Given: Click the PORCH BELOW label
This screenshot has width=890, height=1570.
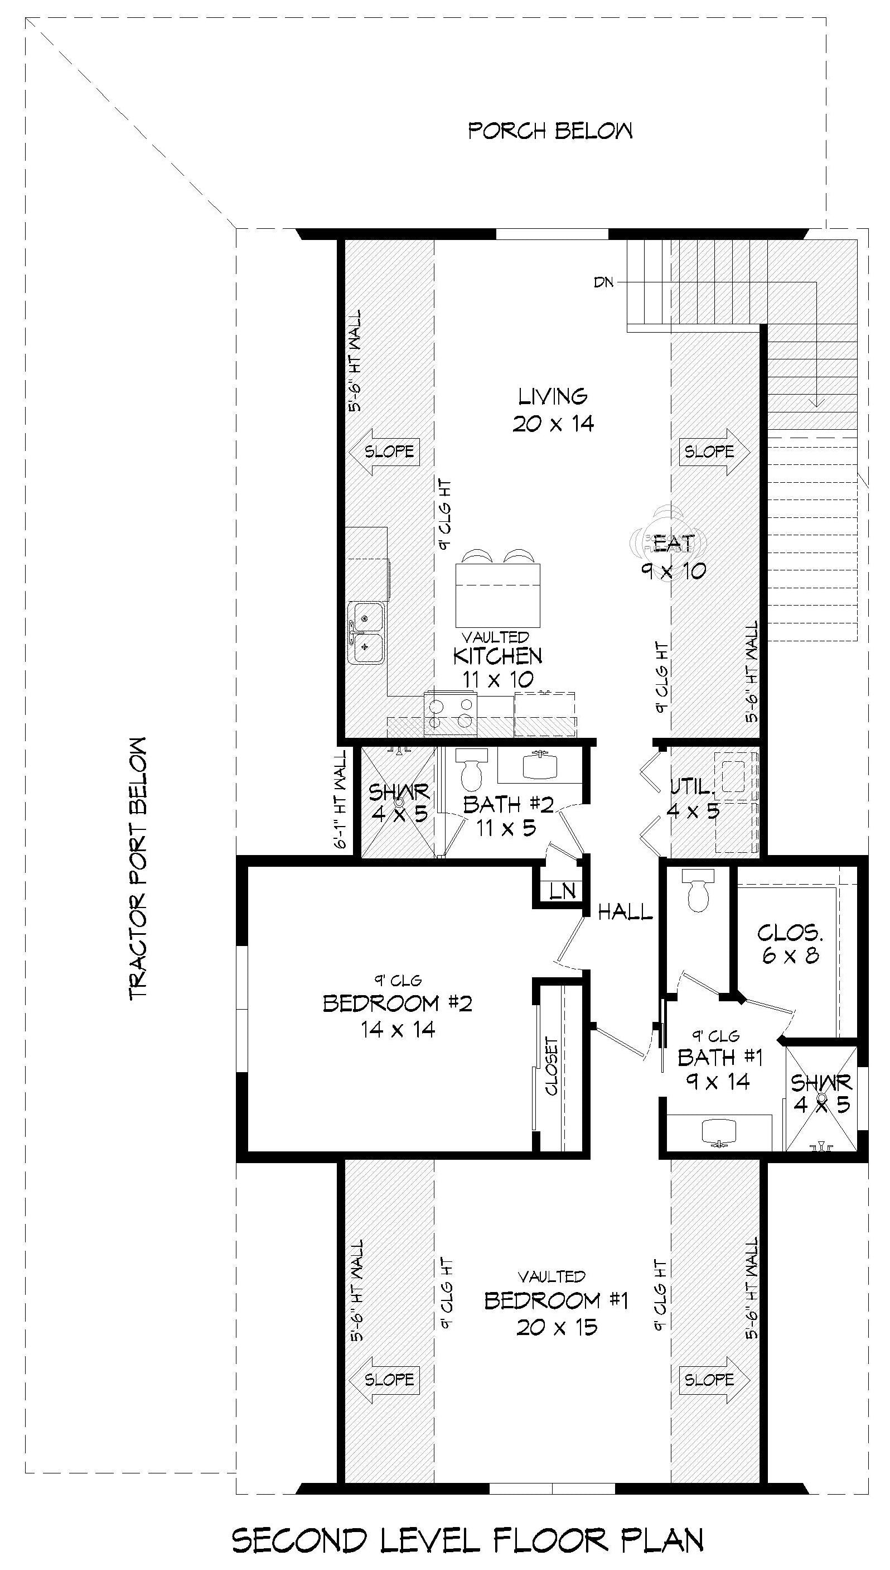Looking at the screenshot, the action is pyautogui.click(x=550, y=131).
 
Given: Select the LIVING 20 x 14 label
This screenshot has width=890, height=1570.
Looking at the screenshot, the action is pyautogui.click(x=553, y=410).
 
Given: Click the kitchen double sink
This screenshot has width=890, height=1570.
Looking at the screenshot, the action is pyautogui.click(x=366, y=632).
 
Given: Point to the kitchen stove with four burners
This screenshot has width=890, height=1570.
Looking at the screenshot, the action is pyautogui.click(x=451, y=714).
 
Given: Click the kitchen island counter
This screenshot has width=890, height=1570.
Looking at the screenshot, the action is pyautogui.click(x=498, y=595).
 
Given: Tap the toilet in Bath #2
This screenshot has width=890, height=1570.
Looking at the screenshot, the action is pyautogui.click(x=471, y=770).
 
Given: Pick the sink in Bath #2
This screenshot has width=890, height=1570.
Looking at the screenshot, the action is pyautogui.click(x=540, y=765).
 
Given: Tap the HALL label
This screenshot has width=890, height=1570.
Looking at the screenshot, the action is pyautogui.click(x=625, y=913).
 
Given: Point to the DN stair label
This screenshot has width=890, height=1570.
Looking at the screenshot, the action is pyautogui.click(x=603, y=282).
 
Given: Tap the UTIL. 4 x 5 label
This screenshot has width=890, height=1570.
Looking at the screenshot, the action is pyautogui.click(x=693, y=798).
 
